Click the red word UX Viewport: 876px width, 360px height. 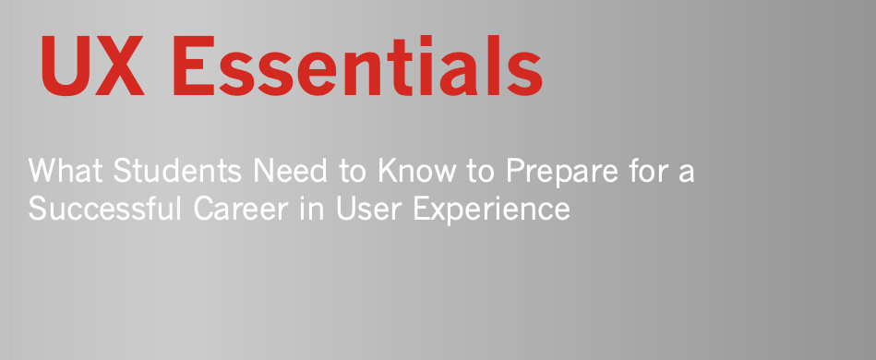click(x=92, y=66)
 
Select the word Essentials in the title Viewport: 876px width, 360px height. click(x=357, y=66)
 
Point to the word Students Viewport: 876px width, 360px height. click(x=177, y=171)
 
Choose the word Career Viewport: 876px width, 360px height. click(x=241, y=209)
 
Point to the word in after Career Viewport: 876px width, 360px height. click(x=312, y=209)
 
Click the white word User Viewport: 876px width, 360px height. click(x=369, y=209)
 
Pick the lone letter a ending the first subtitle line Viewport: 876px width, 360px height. click(x=685, y=174)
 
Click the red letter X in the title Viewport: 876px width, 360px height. click(x=119, y=66)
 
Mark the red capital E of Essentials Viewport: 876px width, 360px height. click(x=194, y=66)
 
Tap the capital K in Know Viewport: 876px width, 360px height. click(x=389, y=171)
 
